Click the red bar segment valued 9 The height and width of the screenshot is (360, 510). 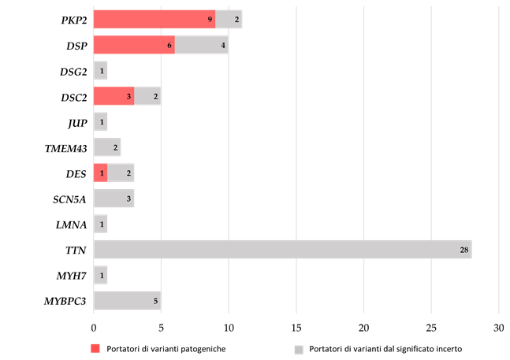tap(154, 20)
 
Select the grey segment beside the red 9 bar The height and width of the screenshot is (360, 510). tap(229, 20)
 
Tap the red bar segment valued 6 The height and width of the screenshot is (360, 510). tap(134, 45)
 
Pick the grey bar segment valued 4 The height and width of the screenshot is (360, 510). tap(201, 45)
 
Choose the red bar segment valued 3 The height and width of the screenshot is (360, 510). tap(114, 96)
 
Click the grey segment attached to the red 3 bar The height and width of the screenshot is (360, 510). tap(147, 96)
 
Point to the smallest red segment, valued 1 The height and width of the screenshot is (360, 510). tap(100, 173)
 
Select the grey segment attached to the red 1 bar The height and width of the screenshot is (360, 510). tap(121, 173)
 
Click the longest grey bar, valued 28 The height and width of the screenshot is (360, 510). tap(282, 250)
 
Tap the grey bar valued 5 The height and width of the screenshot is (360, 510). tap(127, 300)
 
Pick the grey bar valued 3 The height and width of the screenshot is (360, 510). tap(114, 199)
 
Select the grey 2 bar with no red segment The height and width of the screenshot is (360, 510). tap(107, 147)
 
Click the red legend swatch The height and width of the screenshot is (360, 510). tap(95, 348)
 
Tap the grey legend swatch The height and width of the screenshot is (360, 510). tap(299, 350)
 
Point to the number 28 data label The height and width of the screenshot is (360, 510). tap(464, 250)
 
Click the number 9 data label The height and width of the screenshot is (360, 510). tap(210, 20)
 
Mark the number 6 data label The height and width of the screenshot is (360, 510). tap(169, 45)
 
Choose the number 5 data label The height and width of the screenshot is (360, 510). tap(155, 300)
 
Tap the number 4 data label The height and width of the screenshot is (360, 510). tap(223, 45)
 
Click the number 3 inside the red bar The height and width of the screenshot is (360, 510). tap(128, 96)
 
